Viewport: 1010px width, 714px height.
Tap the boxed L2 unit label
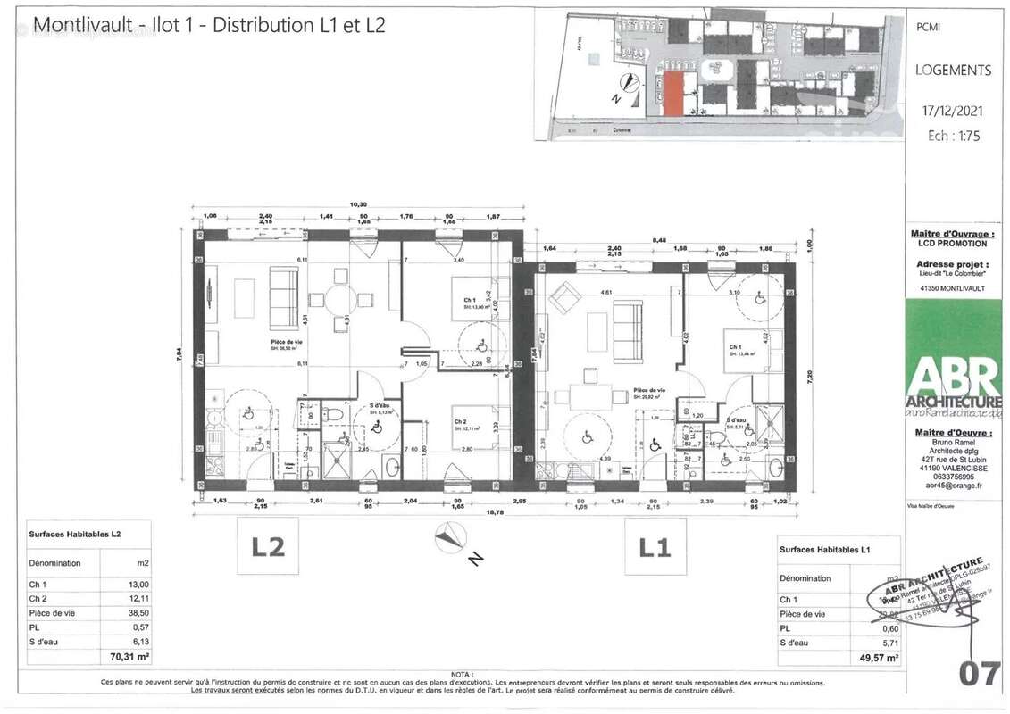[x=267, y=545]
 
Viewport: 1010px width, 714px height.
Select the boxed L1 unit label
[x=654, y=545]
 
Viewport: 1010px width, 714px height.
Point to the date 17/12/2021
[x=953, y=111]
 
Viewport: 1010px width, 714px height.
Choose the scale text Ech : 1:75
[x=953, y=136]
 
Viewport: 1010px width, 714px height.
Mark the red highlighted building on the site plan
[x=674, y=94]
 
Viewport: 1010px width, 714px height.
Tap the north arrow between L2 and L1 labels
[x=451, y=537]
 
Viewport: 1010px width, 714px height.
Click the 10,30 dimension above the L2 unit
[x=358, y=205]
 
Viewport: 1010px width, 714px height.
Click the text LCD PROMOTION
[x=952, y=243]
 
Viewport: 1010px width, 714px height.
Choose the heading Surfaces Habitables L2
[x=75, y=534]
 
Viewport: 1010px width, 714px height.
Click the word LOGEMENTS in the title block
[x=953, y=70]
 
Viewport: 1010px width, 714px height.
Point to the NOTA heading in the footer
[x=462, y=675]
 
